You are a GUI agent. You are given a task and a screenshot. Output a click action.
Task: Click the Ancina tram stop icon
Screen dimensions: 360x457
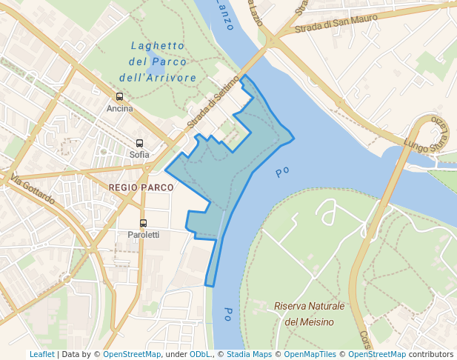point(120,97)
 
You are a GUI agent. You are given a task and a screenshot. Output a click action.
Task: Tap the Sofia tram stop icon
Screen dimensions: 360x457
point(139,144)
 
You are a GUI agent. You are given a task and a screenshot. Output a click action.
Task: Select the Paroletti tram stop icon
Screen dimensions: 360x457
point(143,223)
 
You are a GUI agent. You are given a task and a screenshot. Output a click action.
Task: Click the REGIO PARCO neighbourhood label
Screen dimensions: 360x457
point(141,188)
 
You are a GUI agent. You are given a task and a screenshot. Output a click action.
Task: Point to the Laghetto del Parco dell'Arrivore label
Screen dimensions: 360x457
point(158,61)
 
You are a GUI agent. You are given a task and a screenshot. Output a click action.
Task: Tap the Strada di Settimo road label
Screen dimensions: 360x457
point(214,101)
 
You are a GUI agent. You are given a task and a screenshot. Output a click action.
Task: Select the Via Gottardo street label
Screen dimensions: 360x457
point(33,190)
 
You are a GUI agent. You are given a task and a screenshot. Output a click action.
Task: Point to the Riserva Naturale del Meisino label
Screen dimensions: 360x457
point(310,313)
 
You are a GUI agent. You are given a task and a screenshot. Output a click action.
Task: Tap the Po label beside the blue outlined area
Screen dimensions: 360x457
point(281,172)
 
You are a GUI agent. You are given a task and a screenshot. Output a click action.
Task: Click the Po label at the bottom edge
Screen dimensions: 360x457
point(228,313)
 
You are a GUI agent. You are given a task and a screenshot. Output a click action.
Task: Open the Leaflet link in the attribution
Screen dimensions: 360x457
point(41,354)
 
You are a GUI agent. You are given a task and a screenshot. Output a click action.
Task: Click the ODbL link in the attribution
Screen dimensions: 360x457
point(200,354)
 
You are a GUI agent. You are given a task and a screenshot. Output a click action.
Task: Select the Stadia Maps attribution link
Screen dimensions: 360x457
point(248,354)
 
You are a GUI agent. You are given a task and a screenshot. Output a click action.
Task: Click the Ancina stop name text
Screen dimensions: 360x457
point(120,109)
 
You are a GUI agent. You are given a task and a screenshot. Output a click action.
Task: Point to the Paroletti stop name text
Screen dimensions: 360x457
point(143,235)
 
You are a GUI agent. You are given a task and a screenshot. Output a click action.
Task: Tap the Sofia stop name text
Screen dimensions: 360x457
point(139,155)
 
